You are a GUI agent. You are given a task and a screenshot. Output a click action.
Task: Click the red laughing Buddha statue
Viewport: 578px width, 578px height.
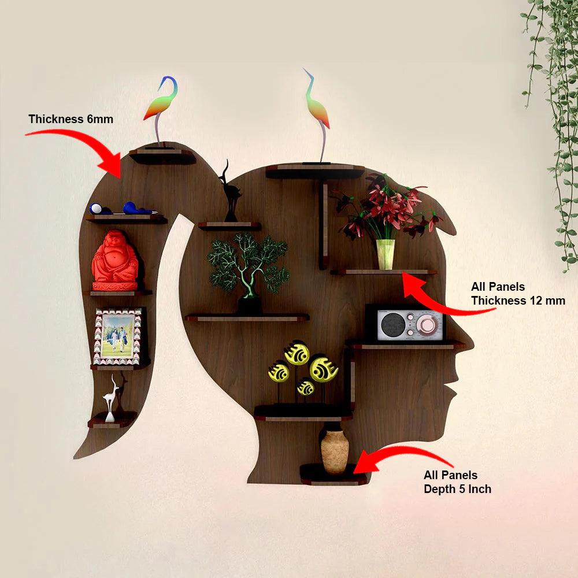115,260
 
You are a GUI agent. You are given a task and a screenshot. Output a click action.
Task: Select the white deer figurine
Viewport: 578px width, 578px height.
110,398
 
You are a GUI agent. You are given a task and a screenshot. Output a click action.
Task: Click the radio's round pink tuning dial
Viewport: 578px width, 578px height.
427,324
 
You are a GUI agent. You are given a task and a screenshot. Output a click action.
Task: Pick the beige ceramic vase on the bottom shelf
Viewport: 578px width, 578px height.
334,449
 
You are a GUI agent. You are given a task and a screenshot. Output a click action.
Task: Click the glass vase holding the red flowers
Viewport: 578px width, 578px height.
385,254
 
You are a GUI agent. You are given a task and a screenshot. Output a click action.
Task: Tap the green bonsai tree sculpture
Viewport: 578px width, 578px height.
248,271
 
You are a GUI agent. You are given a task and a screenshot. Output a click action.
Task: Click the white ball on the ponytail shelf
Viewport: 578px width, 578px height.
96,209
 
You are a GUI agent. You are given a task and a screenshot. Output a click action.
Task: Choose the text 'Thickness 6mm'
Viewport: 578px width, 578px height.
71,119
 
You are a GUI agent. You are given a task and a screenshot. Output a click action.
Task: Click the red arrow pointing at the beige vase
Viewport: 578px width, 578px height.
403,460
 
